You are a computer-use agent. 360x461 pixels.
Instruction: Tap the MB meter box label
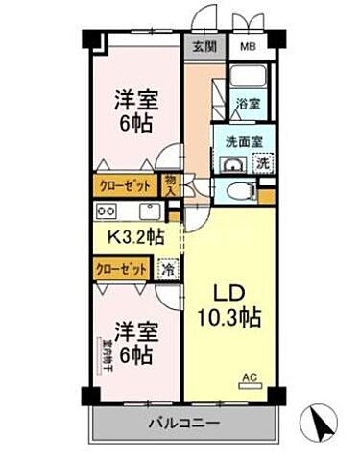tap(247, 46)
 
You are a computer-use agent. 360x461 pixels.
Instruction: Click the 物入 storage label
tap(171, 184)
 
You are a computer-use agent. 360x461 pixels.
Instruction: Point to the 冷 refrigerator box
tap(168, 270)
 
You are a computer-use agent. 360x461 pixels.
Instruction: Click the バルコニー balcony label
tap(183, 423)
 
